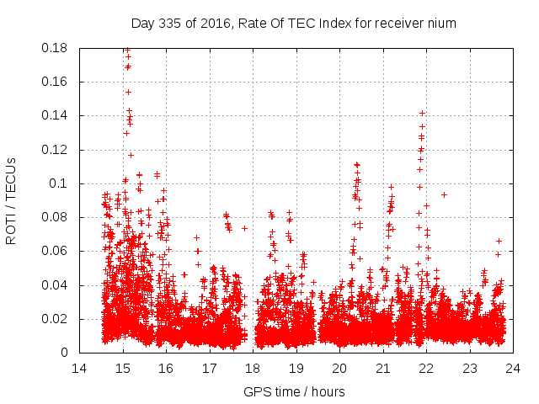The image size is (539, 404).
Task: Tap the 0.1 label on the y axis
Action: click(61, 183)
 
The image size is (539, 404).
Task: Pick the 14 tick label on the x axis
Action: click(79, 369)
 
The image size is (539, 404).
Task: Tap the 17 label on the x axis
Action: click(209, 369)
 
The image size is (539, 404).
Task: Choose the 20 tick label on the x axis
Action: click(339, 369)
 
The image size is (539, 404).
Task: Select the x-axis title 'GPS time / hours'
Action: click(295, 391)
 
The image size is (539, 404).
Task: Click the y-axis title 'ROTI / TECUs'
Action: click(12, 200)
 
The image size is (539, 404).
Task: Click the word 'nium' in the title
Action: click(440, 23)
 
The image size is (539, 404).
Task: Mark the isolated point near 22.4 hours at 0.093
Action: click(444, 194)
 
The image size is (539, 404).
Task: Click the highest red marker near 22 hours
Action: click(422, 113)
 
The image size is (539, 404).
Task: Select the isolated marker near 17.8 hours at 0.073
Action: click(244, 228)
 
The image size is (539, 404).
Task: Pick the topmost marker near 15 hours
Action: click(126, 50)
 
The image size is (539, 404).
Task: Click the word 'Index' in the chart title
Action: click(329, 23)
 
